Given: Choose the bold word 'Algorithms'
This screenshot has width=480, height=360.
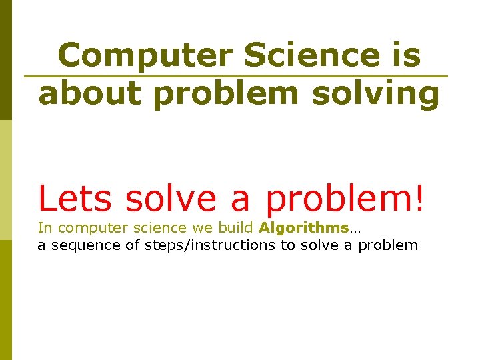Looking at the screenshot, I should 303,228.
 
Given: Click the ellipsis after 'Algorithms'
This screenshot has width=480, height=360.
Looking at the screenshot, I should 355,229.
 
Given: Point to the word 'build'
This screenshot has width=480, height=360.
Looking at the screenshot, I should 236,228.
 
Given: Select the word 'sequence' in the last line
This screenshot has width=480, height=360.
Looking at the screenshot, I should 83,245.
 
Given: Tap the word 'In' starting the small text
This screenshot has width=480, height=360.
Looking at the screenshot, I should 44,228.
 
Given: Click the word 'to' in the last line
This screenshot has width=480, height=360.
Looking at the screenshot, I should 288,245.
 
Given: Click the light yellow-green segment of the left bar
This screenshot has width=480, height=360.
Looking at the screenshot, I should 5,180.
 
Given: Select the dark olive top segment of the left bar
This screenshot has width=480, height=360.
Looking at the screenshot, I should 5,60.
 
